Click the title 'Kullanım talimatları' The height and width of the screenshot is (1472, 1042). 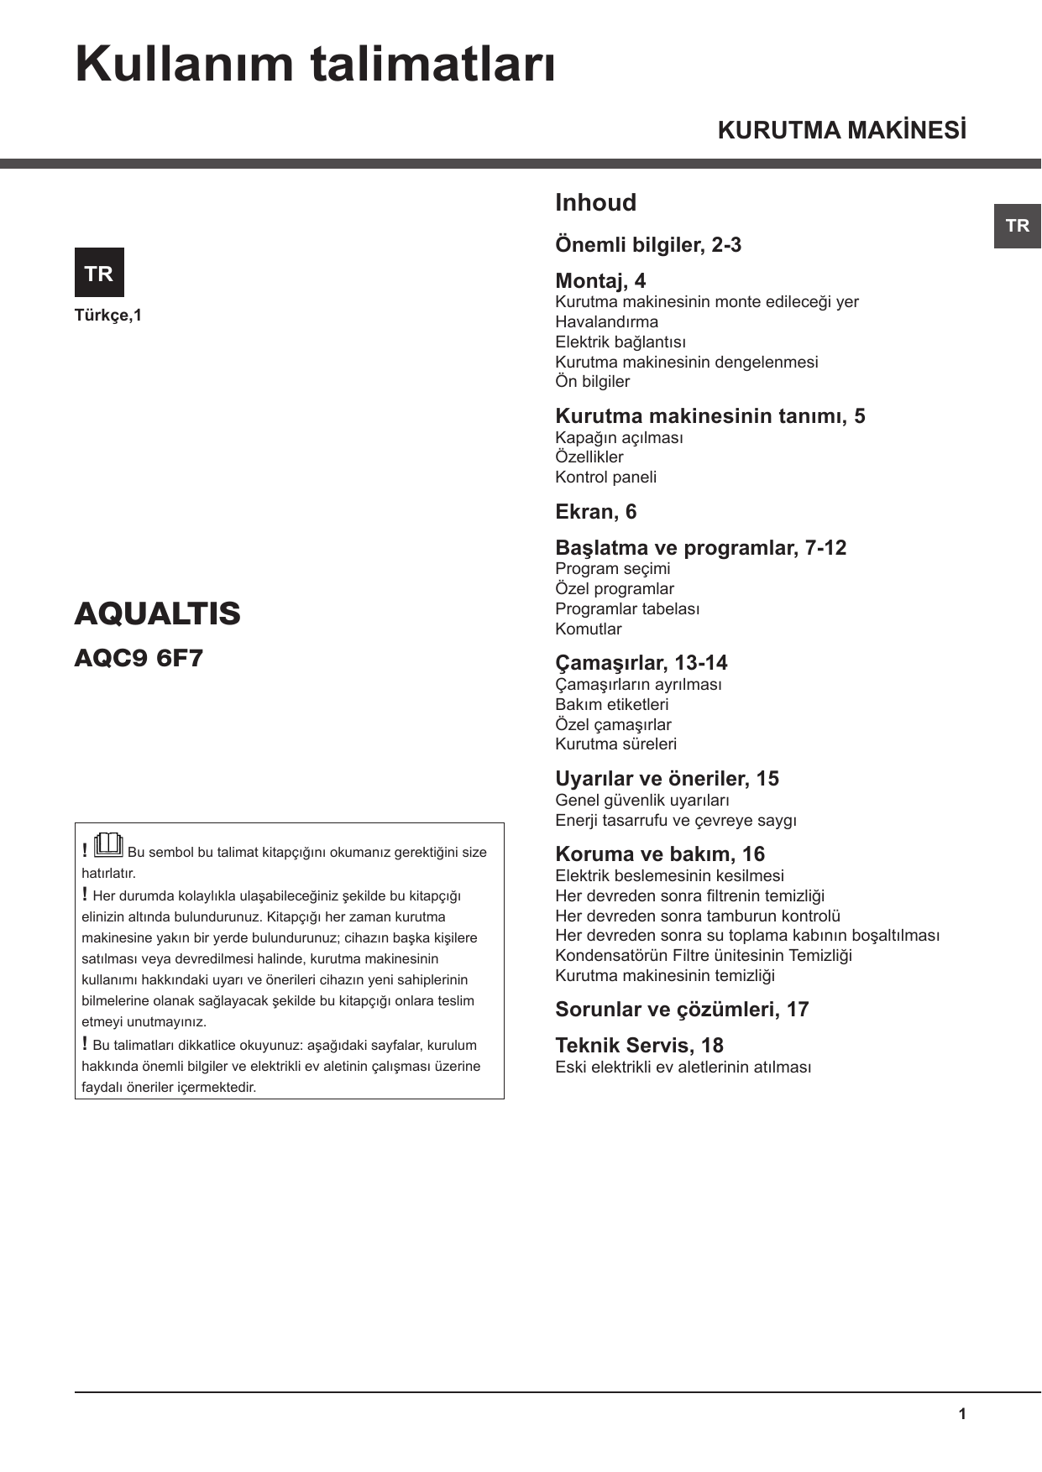pyautogui.click(x=315, y=65)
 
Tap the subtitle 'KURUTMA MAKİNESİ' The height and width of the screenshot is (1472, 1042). pyautogui.click(x=841, y=131)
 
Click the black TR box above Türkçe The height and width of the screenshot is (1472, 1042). pyautogui.click(x=99, y=273)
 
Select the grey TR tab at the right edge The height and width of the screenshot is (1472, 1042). pyautogui.click(x=1017, y=226)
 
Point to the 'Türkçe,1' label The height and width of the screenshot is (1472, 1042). pyautogui.click(x=108, y=316)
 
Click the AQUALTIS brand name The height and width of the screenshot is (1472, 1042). pyautogui.click(x=157, y=613)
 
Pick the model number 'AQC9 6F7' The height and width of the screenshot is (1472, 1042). pyautogui.click(x=139, y=658)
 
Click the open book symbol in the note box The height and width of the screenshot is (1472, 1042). pyautogui.click(x=109, y=844)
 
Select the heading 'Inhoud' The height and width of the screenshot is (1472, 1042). pyautogui.click(x=595, y=202)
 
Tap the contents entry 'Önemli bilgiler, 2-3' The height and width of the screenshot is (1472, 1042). pyautogui.click(x=648, y=245)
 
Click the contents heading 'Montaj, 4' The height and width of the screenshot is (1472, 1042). pyautogui.click(x=600, y=281)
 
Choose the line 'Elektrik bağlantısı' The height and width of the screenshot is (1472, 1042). pyautogui.click(x=620, y=342)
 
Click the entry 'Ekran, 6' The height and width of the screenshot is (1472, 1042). pyautogui.click(x=595, y=512)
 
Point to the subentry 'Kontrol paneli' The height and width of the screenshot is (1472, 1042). pyautogui.click(x=605, y=477)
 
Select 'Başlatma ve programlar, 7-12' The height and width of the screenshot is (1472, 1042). pyautogui.click(x=700, y=548)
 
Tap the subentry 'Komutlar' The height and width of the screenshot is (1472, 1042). pyautogui.click(x=588, y=629)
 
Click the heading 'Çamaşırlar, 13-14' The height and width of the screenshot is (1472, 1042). pyautogui.click(x=641, y=663)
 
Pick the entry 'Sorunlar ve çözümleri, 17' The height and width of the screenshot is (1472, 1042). pyautogui.click(x=682, y=1010)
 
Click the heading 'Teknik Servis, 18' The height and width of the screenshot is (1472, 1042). pyautogui.click(x=639, y=1046)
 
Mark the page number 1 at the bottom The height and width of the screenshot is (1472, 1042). pyautogui.click(x=962, y=1414)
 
